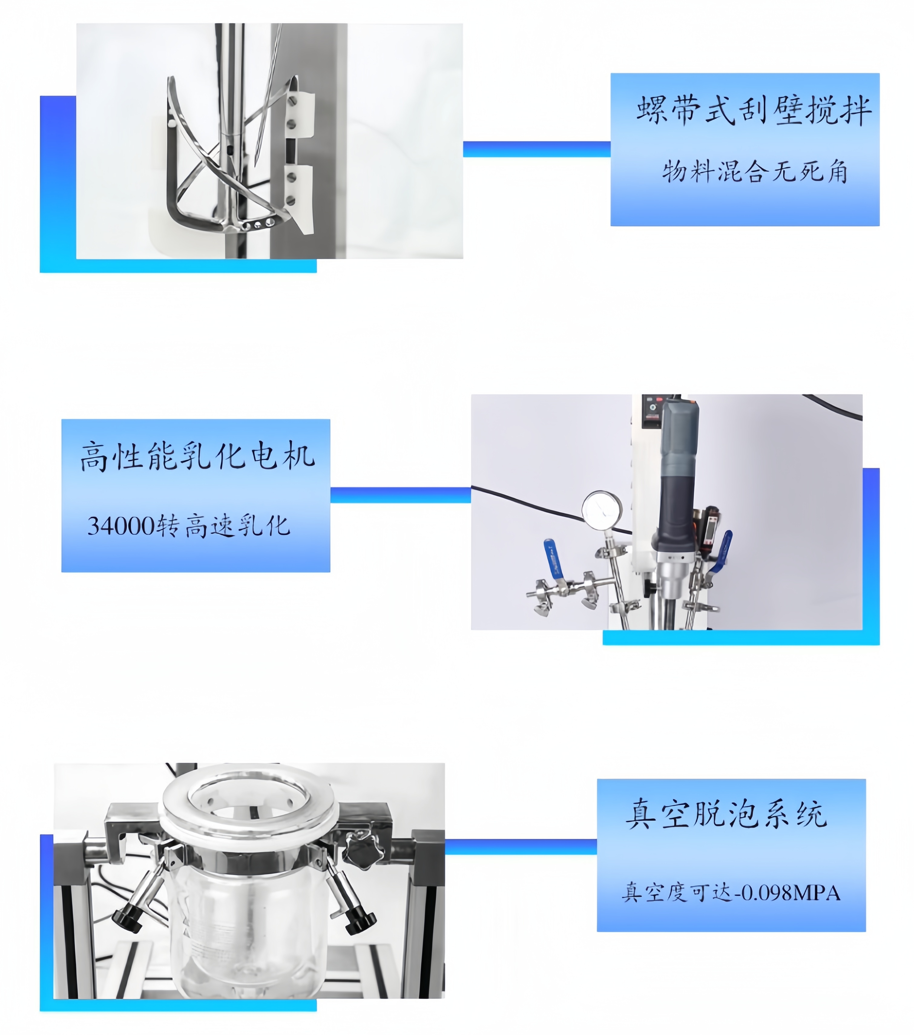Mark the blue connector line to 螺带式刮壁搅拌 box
coord(537,149)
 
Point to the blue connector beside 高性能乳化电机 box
coord(400,495)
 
